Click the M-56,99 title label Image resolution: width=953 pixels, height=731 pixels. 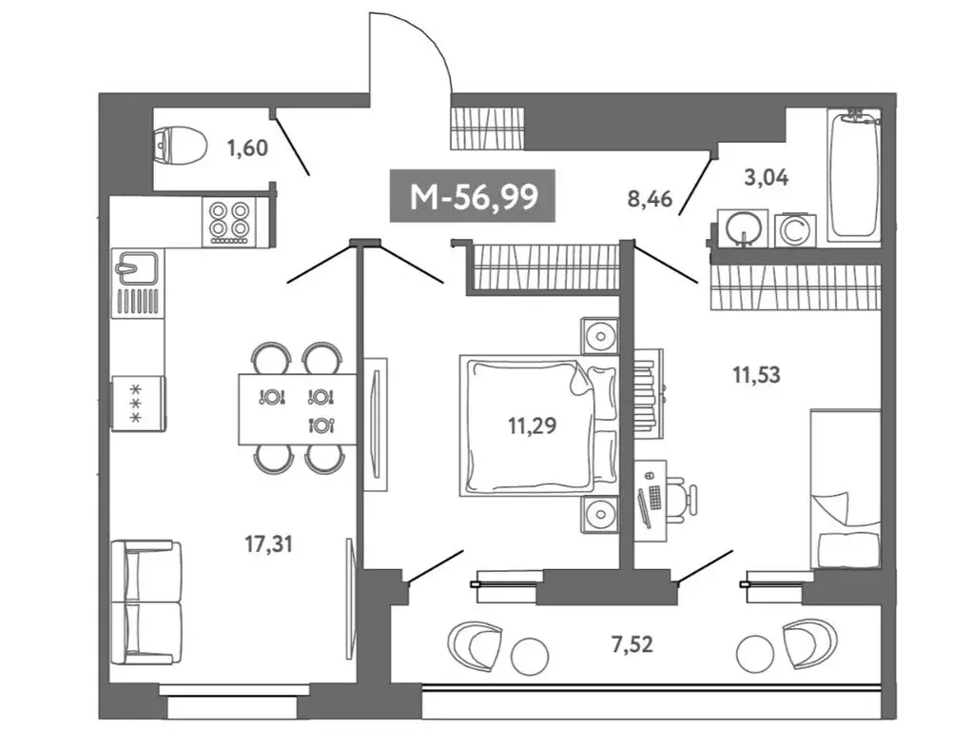click(x=473, y=197)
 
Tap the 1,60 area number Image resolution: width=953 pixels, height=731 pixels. click(x=247, y=148)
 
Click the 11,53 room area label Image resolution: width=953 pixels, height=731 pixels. click(x=756, y=375)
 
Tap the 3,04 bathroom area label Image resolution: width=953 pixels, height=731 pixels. click(x=768, y=176)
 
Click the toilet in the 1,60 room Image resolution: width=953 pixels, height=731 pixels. click(x=181, y=147)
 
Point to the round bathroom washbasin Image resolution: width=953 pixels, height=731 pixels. click(x=742, y=228)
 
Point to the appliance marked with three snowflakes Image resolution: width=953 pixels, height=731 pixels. click(x=137, y=403)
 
